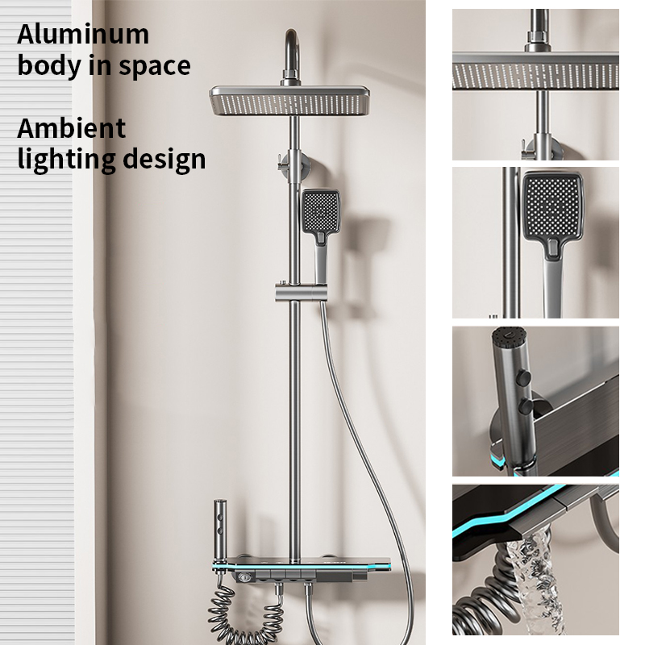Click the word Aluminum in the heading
click(83, 34)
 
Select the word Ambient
click(71, 128)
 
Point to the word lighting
click(66, 160)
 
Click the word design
click(164, 160)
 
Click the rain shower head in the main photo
click(289, 100)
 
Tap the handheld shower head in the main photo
click(320, 231)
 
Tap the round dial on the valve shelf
click(243, 577)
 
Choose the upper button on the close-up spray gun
click(522, 377)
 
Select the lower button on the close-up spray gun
click(526, 406)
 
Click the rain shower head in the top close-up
click(535, 71)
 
